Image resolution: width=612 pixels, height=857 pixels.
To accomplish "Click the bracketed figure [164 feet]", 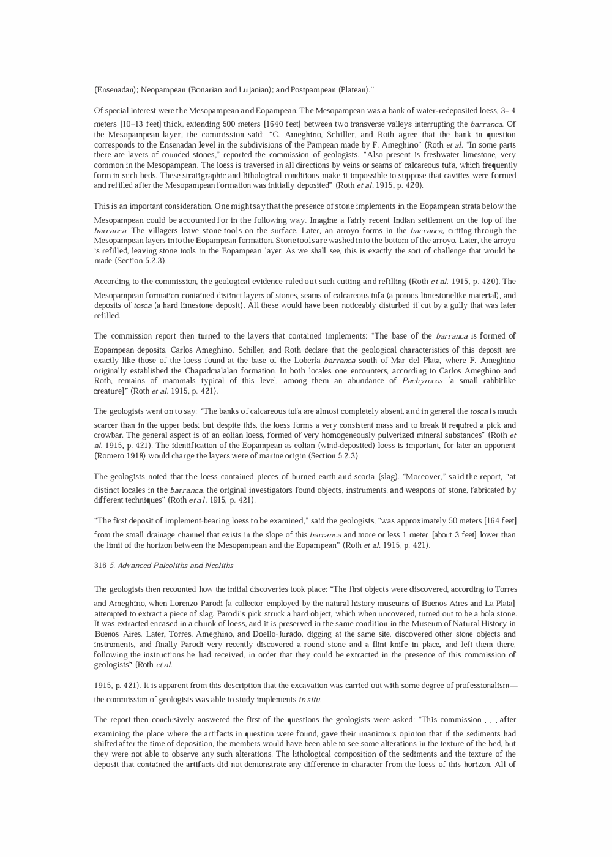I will pyautogui.click(x=500, y=521).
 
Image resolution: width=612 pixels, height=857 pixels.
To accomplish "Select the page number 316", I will pyautogui.click(x=100, y=566).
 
